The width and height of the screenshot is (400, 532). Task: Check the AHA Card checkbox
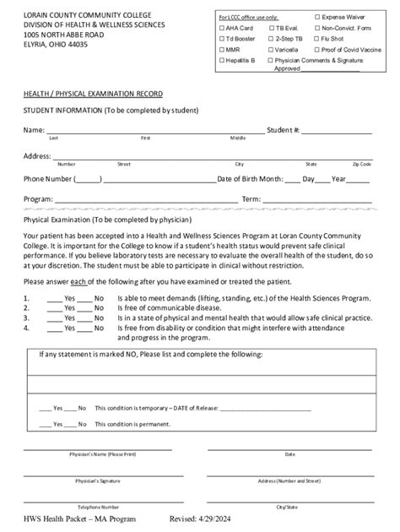(x=221, y=28)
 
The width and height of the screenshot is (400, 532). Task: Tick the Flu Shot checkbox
(x=318, y=39)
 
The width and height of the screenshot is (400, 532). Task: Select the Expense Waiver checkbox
(x=318, y=17)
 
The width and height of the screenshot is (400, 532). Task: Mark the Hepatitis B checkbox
(x=221, y=61)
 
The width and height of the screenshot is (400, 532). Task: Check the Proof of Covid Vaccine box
(x=318, y=50)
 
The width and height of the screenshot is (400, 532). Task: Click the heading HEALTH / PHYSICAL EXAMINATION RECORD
(x=93, y=92)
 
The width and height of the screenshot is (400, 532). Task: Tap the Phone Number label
(x=47, y=179)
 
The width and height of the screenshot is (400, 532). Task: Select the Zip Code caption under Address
(x=361, y=164)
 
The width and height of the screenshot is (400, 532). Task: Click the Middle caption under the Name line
(x=238, y=138)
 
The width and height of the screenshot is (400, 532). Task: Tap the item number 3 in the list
(x=27, y=318)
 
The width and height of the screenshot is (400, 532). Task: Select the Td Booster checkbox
(x=221, y=39)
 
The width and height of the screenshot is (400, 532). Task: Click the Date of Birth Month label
(x=250, y=179)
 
